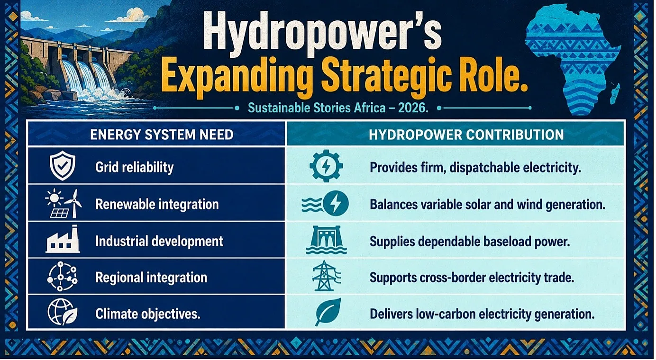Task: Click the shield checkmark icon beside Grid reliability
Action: coord(62,166)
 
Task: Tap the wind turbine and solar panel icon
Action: coord(63,203)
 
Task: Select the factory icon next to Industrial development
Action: coord(63,240)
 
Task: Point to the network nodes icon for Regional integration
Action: coord(62,276)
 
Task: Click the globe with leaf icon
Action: coord(63,312)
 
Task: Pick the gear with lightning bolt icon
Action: coord(326,166)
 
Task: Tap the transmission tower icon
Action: coord(326,276)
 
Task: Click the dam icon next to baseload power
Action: coord(326,240)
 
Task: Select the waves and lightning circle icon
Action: coord(325,203)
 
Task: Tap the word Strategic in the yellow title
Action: coord(391,76)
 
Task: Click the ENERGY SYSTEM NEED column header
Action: coord(162,135)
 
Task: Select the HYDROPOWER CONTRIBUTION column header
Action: coord(466,135)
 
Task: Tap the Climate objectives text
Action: coord(147,314)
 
